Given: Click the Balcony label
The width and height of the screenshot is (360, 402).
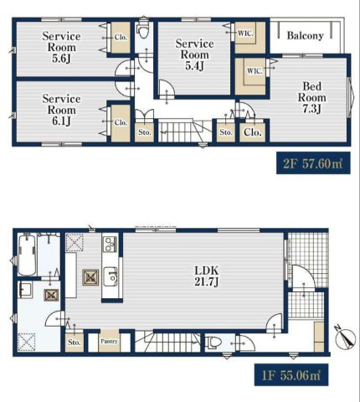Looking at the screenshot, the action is tap(305, 36).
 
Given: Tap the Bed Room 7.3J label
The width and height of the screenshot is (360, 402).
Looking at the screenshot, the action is tap(311, 97).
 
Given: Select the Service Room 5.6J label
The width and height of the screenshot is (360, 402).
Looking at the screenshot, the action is tap(61, 47).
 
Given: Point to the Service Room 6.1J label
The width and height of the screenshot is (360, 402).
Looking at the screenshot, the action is tap(61, 110).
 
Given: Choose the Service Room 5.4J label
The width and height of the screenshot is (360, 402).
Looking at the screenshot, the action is tap(194, 54).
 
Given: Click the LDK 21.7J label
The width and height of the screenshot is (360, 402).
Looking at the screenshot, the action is tap(207, 276).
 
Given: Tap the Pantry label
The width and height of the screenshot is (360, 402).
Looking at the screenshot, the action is tap(109, 341).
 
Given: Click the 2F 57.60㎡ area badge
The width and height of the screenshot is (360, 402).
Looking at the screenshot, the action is tap(313, 163).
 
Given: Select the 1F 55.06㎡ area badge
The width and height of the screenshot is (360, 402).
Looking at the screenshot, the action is tap(291, 374).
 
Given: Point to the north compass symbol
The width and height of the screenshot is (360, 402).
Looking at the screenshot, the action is tap(346, 338).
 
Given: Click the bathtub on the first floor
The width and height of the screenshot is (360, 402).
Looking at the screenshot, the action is tap(27, 255).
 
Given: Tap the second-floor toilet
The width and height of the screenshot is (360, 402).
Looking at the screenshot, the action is tap(143, 30).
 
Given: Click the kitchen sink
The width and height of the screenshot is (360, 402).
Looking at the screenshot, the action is tap(111, 276).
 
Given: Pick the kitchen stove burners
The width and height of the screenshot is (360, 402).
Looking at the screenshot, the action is tap(110, 245).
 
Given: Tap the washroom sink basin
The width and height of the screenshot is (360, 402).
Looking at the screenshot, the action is tap(25, 290).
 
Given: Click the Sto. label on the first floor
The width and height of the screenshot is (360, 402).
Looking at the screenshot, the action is tap(75, 342).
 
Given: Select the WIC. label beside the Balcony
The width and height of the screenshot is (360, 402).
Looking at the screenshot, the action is tap(245, 33).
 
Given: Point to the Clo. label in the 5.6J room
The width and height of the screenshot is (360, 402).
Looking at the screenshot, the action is tap(121, 37).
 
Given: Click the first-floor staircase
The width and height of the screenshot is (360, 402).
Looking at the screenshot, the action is tap(167, 342).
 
